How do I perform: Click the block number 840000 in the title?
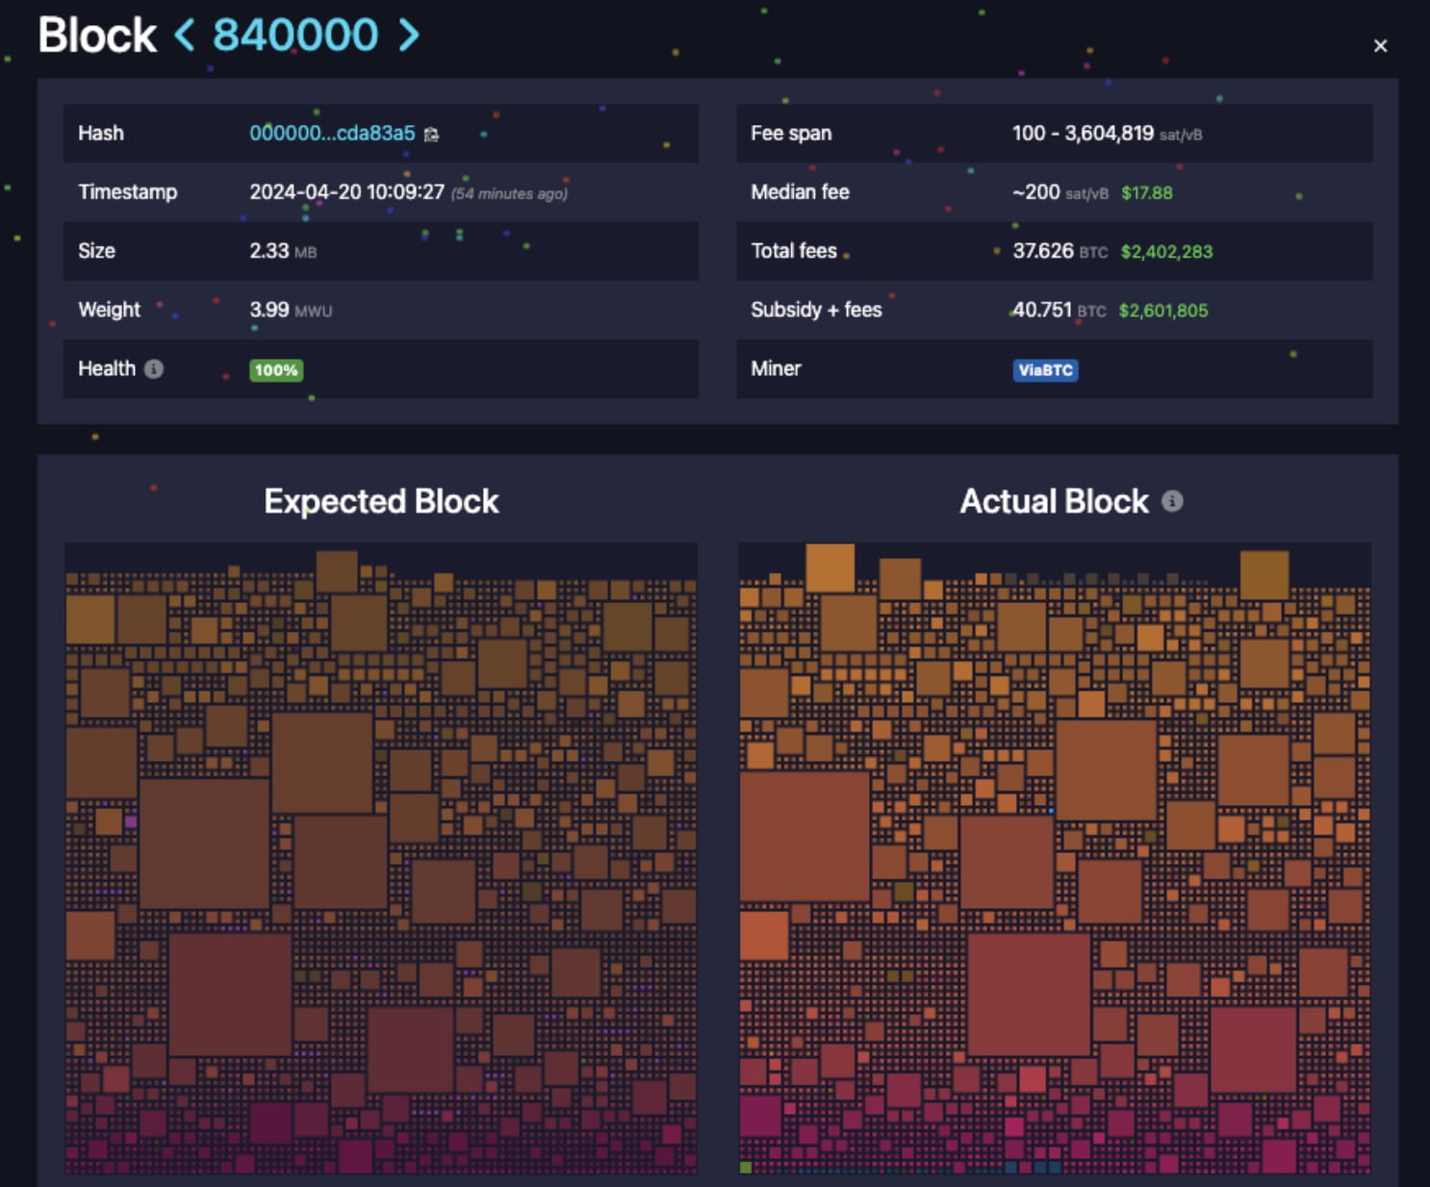(295, 36)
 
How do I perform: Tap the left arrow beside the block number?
(184, 36)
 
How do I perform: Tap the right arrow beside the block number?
(409, 36)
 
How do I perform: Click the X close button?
(1380, 46)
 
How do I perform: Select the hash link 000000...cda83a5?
(332, 134)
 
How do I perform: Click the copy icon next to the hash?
(431, 135)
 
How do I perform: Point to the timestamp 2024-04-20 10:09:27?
(346, 192)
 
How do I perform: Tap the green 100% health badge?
(276, 370)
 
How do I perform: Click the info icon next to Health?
(154, 368)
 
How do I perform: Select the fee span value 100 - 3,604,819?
(1083, 134)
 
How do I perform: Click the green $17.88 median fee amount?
(1146, 193)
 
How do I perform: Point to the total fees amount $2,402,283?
(1165, 252)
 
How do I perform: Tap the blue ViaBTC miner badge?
(1045, 370)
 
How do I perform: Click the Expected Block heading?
(381, 501)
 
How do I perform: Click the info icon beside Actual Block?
(1172, 501)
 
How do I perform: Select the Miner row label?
(776, 368)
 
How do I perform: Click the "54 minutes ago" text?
(509, 194)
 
